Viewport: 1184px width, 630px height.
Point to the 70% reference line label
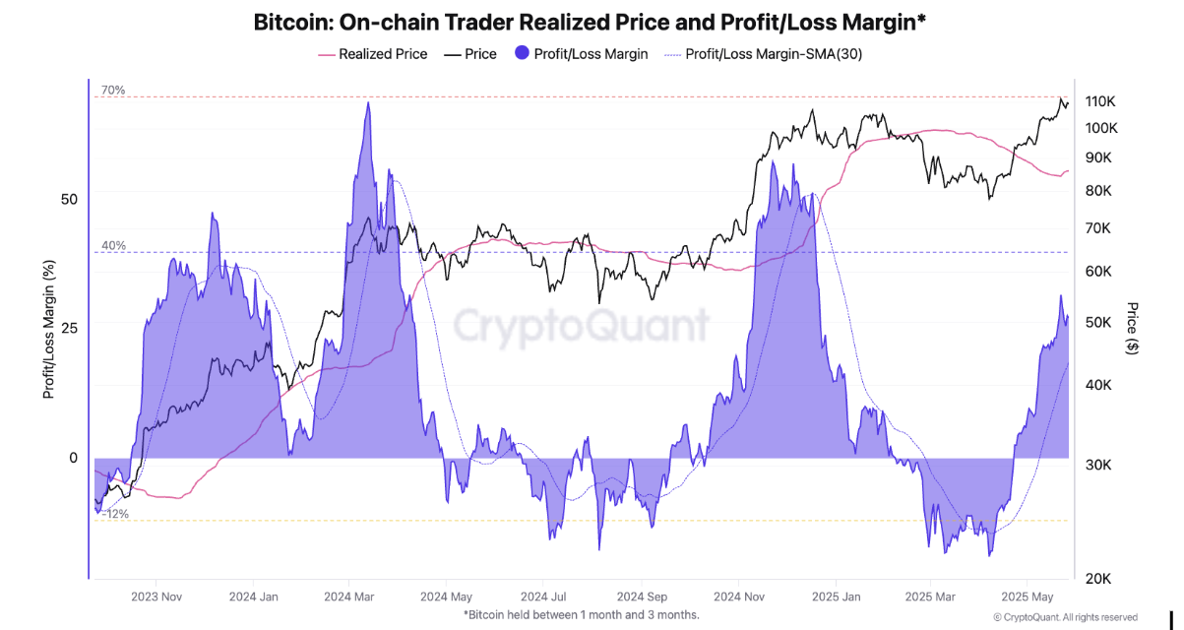[112, 91]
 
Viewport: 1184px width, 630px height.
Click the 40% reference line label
[112, 246]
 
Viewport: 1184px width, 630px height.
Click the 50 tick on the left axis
[68, 199]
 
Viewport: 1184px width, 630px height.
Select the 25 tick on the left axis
[68, 327]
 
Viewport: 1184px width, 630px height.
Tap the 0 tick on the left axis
[73, 458]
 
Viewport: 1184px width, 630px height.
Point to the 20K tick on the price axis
[1098, 579]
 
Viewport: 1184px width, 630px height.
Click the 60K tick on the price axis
[1098, 272]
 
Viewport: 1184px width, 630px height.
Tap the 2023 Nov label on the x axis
[157, 597]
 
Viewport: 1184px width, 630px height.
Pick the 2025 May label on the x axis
[1027, 597]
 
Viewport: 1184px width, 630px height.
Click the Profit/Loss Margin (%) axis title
[48, 327]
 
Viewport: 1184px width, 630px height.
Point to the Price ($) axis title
[1133, 328]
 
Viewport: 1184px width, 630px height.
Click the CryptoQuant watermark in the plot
[581, 325]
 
